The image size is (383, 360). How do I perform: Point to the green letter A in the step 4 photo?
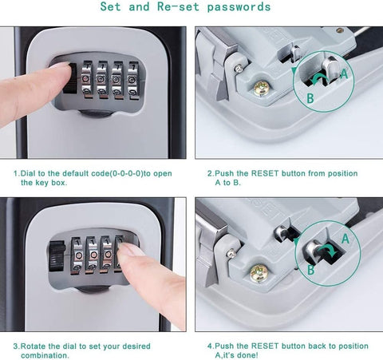coord(344,238)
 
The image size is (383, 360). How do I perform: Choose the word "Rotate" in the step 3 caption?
coord(38,346)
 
